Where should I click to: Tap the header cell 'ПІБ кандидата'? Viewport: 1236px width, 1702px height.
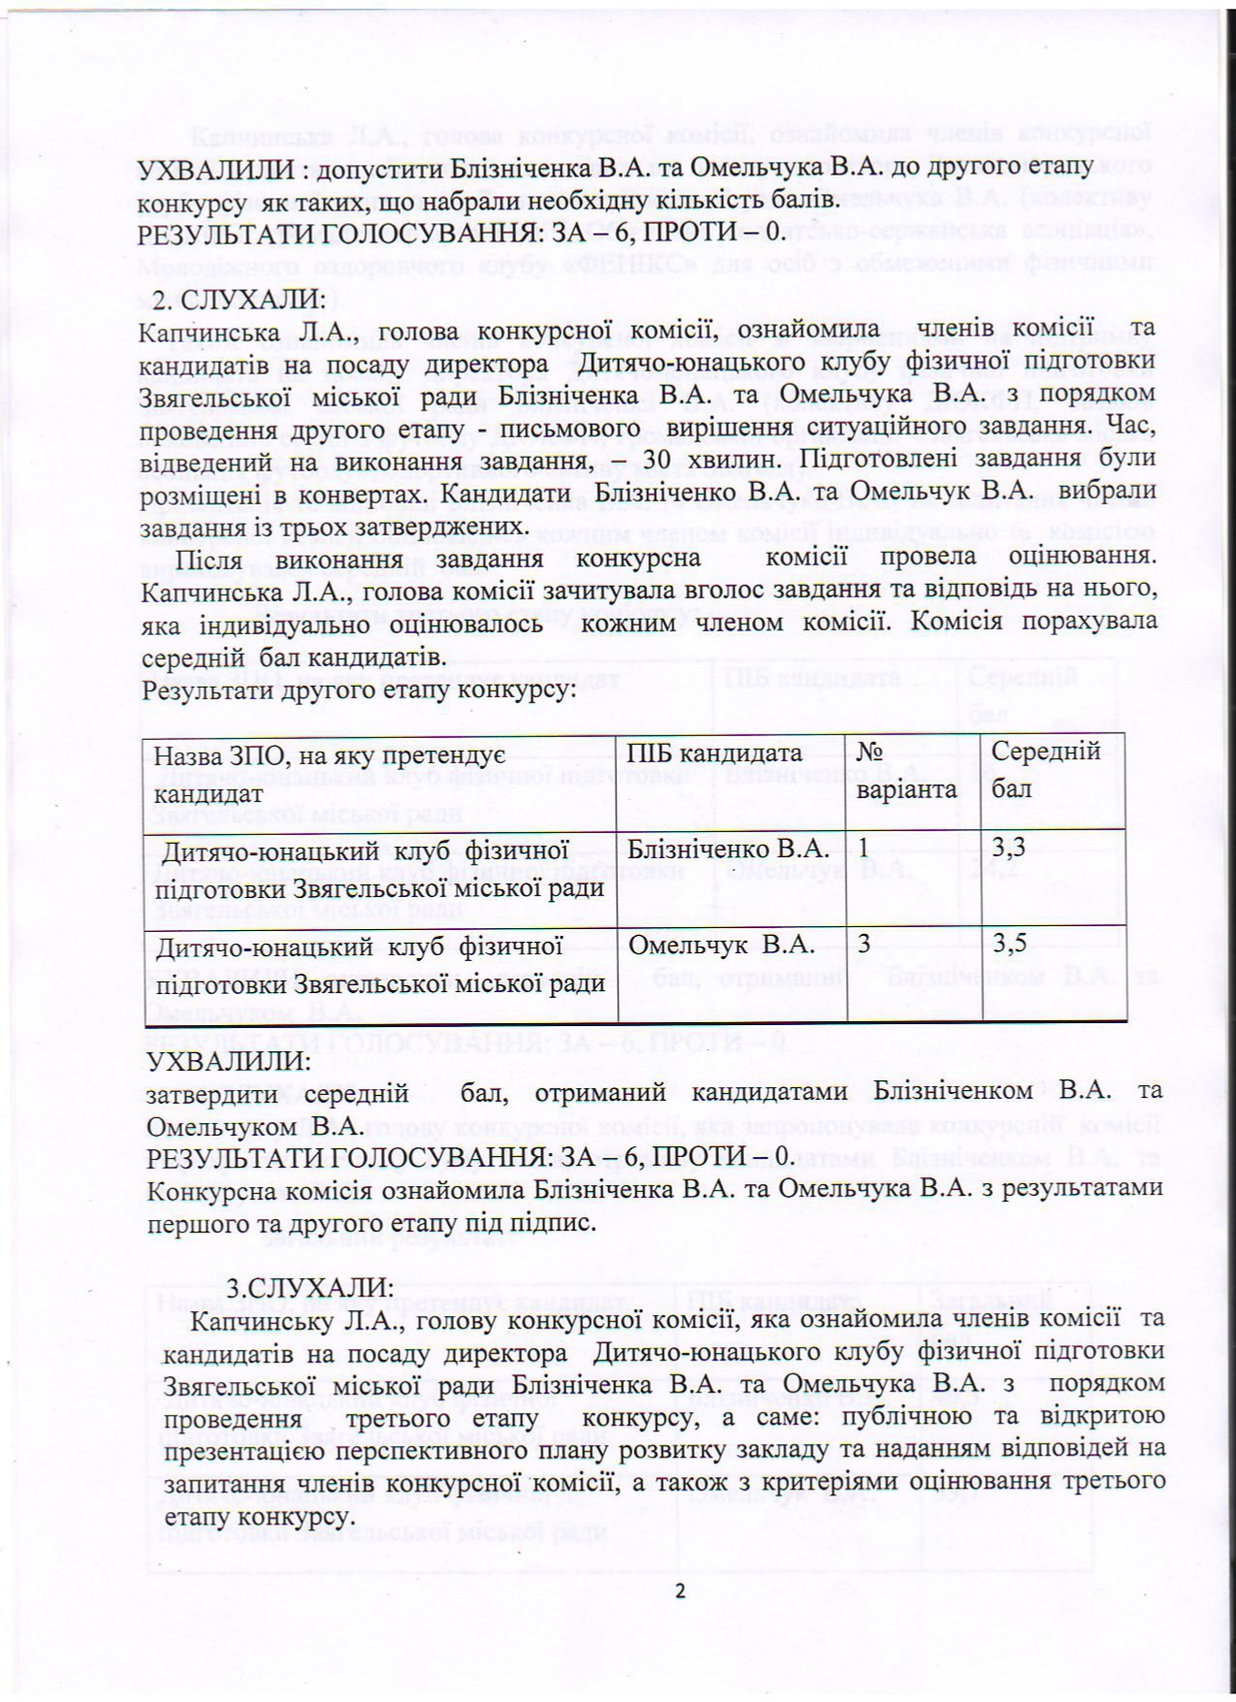point(715,754)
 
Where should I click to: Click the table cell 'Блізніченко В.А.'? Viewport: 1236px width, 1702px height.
point(729,850)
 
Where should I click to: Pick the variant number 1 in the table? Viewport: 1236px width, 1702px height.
point(863,849)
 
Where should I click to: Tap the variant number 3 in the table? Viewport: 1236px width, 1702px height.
point(863,944)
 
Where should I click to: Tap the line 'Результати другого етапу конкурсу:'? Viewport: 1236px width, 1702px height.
point(359,690)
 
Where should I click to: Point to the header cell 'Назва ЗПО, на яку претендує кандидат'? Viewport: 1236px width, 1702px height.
point(330,771)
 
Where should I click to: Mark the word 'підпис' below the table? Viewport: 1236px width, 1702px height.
point(559,1224)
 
